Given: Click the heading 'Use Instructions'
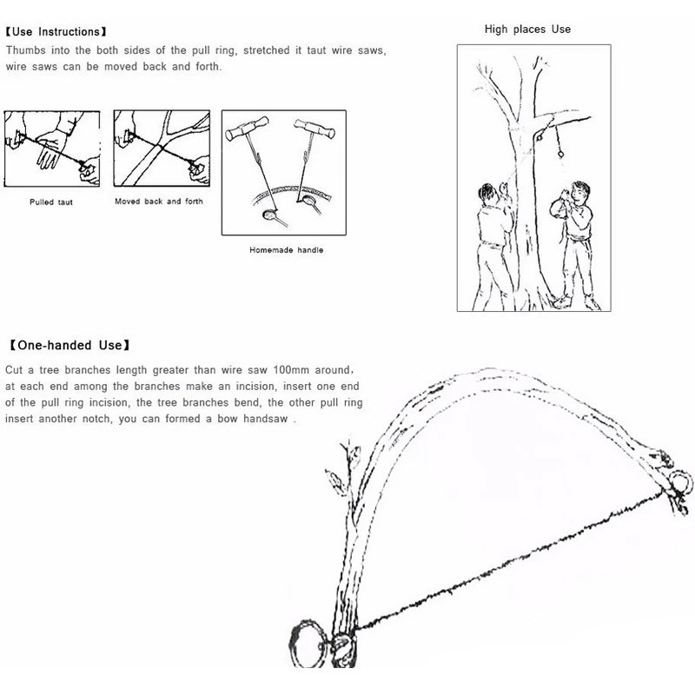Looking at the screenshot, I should pos(56,33).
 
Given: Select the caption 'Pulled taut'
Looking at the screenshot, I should pos(51,202).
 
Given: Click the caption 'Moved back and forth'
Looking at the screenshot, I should pos(159,202).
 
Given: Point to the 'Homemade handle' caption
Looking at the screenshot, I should pos(286,250).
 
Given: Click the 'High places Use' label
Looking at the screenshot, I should pos(527,30).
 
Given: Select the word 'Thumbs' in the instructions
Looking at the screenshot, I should pos(25,50).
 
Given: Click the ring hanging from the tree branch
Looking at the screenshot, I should pos(561,154).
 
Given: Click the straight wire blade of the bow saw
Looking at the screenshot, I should pos(513,559).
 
